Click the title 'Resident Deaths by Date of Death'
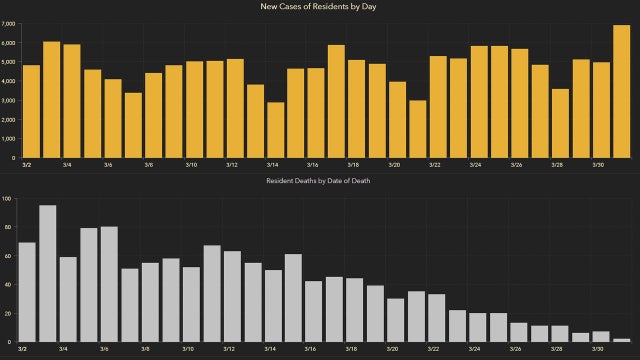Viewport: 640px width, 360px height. click(320, 180)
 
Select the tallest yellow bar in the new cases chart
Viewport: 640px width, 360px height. click(621, 92)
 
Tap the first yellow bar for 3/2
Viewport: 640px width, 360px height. click(31, 111)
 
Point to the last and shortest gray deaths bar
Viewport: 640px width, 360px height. click(621, 340)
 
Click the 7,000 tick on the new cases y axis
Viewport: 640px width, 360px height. click(8, 25)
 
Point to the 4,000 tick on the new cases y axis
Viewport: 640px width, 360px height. click(8, 82)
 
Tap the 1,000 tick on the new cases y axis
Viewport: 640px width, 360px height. click(8, 139)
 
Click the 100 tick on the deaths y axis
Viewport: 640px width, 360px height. click(8, 199)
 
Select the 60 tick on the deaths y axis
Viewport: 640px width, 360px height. click(9, 256)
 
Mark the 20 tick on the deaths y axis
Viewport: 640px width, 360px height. click(9, 314)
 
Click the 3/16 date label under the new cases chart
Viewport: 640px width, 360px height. click(312, 165)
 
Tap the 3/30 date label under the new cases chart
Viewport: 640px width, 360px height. click(598, 165)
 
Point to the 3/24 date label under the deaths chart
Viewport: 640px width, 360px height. click(475, 349)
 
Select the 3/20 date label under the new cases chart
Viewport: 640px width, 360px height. click(394, 165)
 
